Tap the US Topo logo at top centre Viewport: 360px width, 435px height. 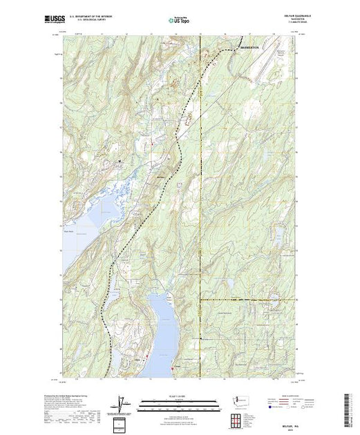180,20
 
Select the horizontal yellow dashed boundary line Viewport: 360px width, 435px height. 242,300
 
